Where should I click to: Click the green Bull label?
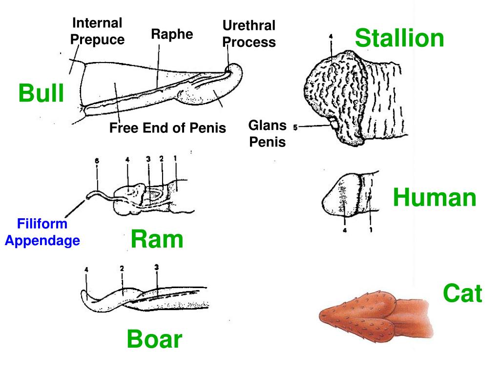[42, 93]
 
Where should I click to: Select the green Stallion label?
[399, 39]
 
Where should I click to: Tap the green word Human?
[435, 198]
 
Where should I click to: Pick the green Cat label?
[462, 294]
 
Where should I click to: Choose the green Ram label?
[157, 240]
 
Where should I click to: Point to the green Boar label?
[154, 339]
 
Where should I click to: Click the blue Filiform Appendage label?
[42, 232]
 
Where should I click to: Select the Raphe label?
[172, 34]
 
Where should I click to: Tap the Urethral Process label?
[249, 34]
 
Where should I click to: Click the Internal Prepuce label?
[97, 31]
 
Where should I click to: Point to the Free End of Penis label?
[167, 128]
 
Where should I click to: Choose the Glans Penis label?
[267, 134]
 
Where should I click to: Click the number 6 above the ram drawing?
[97, 160]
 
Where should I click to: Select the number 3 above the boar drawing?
[156, 267]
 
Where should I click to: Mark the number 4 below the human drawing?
[345, 230]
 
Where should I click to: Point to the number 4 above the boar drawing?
[86, 269]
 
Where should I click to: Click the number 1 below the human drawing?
[371, 230]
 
